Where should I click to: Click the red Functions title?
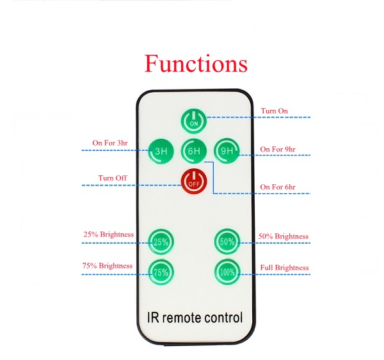coord(195,64)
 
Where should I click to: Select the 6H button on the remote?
coord(193,151)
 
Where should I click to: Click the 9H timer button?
coord(226,151)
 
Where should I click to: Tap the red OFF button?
coord(193,182)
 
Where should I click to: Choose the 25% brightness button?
coord(160,241)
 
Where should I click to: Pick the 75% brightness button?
coord(160,272)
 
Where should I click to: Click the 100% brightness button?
coord(226,272)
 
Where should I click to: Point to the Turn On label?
coord(274,111)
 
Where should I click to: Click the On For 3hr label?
coord(110,143)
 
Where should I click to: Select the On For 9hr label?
coord(278,150)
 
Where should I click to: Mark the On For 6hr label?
coord(278,187)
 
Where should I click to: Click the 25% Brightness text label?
coord(109,234)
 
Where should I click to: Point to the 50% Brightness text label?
coord(283,236)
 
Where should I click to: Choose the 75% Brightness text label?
coord(108,265)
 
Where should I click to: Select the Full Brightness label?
coord(284,267)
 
